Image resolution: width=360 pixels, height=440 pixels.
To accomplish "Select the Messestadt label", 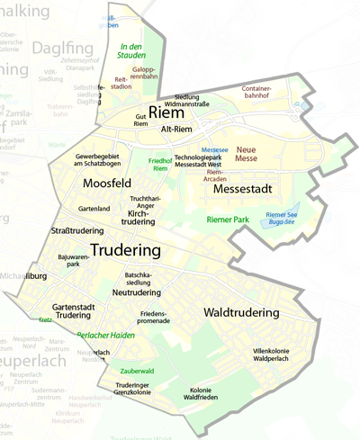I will click(x=242, y=190).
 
